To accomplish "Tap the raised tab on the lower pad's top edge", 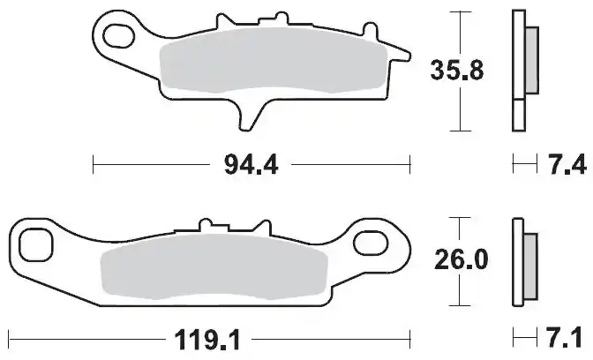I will click(x=211, y=226).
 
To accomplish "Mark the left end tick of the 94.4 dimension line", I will click(x=94, y=164).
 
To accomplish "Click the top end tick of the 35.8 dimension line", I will click(x=456, y=12).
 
